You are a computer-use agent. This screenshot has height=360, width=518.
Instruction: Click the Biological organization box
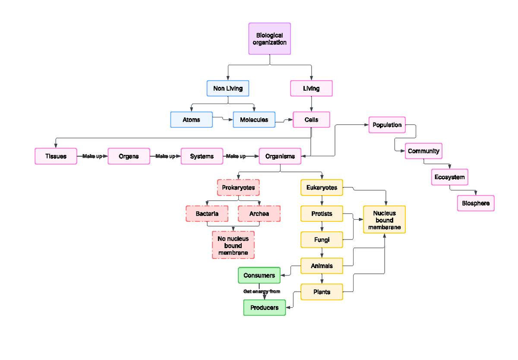(269, 39)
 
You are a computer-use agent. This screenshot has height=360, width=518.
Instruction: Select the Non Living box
(228, 88)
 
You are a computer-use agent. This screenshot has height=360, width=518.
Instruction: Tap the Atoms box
(191, 120)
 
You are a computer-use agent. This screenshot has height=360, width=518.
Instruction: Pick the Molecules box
(254, 120)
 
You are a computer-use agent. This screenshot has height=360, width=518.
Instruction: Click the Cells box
(311, 120)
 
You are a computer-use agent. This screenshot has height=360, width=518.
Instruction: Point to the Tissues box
(56, 156)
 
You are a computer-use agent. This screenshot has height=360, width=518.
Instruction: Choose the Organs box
(129, 156)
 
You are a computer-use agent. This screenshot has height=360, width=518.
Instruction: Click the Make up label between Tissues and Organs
(92, 156)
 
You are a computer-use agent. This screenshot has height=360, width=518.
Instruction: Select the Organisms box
(280, 156)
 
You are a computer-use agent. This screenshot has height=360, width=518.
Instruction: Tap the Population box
(387, 125)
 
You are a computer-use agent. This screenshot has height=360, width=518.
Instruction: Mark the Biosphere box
(476, 203)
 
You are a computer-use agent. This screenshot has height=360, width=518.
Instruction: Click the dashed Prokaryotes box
(238, 188)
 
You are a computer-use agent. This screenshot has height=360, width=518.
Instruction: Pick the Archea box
(259, 214)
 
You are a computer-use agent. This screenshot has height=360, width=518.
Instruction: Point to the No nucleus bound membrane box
(233, 245)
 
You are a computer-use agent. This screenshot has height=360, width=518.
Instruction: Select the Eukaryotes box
(322, 187)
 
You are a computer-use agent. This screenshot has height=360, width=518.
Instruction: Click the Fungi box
(322, 240)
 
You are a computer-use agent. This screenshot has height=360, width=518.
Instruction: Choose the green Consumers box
(259, 275)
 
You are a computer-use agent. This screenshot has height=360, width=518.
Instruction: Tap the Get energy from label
(262, 291)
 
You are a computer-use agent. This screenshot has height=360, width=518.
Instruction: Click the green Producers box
(264, 308)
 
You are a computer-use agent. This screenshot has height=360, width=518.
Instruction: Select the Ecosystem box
(449, 177)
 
